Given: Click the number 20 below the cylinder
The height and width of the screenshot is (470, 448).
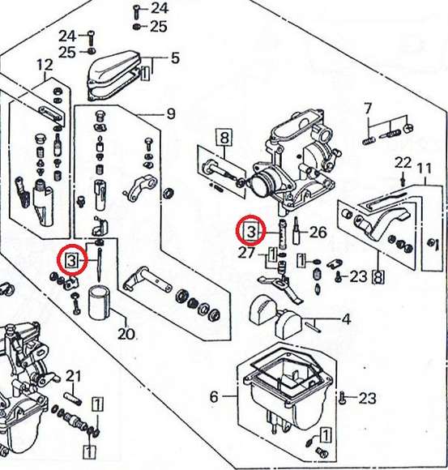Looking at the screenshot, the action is (x=126, y=334).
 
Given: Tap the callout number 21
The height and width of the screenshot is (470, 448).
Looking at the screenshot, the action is (x=73, y=376).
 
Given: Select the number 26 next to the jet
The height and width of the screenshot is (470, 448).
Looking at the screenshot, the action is (x=318, y=232).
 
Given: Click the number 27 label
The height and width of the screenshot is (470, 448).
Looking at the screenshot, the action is (x=246, y=254).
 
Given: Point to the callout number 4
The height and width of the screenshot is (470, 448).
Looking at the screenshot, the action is (x=347, y=319).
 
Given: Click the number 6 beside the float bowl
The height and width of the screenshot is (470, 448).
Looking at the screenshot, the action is (x=214, y=396).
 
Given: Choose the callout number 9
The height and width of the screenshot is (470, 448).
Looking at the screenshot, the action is (x=171, y=114).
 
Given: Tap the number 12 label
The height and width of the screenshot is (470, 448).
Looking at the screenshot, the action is (x=45, y=65).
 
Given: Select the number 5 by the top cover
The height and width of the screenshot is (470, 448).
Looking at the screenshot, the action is (x=175, y=58).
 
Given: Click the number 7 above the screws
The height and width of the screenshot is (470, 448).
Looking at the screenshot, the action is (x=368, y=109).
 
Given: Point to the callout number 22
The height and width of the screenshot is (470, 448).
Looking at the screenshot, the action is (x=403, y=163).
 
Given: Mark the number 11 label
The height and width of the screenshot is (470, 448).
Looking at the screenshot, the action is (x=425, y=169).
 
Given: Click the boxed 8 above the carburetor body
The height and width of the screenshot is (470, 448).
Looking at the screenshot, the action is (x=224, y=138).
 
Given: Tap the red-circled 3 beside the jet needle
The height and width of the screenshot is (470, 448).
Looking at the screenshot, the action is (x=72, y=260).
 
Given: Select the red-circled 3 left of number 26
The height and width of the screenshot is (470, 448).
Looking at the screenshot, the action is (x=251, y=231).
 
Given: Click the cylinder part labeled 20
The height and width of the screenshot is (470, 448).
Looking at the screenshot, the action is (x=100, y=303).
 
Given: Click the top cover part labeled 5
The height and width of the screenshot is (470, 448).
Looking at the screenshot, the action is (x=114, y=76).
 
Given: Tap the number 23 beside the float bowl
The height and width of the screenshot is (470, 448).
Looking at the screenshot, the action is (x=367, y=399).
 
